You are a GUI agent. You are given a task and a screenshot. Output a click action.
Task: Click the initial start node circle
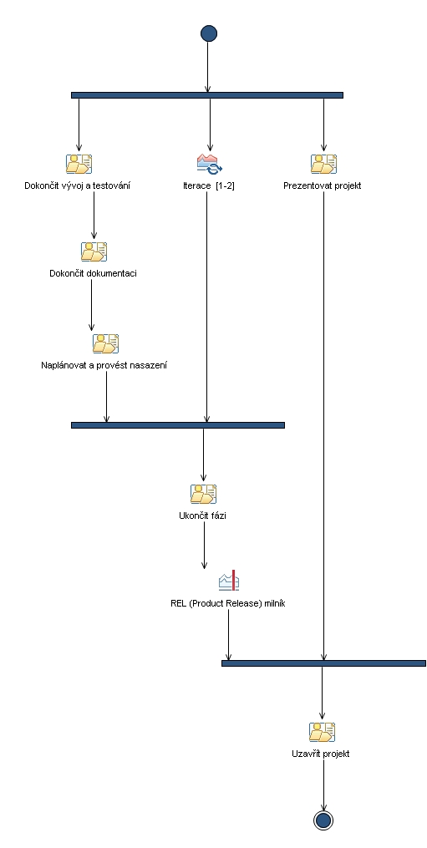tap(208, 33)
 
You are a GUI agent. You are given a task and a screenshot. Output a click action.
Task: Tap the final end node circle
tap(323, 820)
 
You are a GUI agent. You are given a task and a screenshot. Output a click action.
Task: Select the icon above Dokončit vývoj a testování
tap(79, 163)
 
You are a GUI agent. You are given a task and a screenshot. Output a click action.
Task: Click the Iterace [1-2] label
tap(209, 185)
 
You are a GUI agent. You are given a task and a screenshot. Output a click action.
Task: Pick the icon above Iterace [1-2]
tap(209, 163)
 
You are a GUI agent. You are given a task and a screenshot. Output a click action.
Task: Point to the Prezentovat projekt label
tap(323, 185)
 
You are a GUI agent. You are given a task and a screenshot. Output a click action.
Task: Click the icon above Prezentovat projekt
tap(323, 163)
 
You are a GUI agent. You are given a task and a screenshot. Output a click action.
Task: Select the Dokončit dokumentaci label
tap(94, 273)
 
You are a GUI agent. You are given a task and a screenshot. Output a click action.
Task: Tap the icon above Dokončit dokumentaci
tap(94, 251)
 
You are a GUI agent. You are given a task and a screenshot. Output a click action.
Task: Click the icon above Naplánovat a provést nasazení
tap(106, 343)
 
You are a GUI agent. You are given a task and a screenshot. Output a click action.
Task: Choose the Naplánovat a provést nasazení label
tap(105, 365)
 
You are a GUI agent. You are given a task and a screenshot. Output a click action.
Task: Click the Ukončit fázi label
tap(203, 515)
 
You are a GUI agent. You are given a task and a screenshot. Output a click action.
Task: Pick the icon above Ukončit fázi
tap(203, 494)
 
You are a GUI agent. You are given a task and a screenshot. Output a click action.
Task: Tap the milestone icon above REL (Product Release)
tap(228, 581)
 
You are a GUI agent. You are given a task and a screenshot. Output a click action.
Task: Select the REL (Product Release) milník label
tap(228, 603)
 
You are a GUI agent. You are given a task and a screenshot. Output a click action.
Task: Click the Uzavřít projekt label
tap(322, 754)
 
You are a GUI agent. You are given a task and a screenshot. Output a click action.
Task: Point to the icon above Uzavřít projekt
tap(322, 732)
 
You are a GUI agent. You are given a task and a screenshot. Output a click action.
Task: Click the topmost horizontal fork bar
tap(207, 95)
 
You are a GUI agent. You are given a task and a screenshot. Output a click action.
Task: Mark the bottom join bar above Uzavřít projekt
tap(323, 663)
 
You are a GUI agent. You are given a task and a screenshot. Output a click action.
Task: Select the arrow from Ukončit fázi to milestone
tap(204, 546)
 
